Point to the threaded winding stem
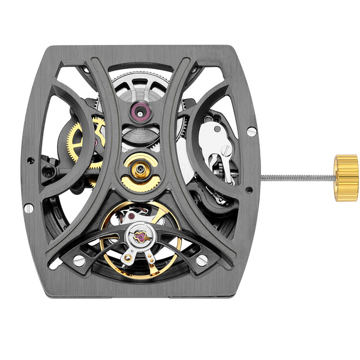pos(297,177)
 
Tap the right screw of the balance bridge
pos(202,260)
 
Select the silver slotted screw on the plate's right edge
pos(251,131)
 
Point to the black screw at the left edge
pos(49,171)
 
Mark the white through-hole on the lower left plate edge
pos(28,208)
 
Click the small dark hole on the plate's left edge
pos(31,160)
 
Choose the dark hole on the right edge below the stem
pos(249,191)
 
